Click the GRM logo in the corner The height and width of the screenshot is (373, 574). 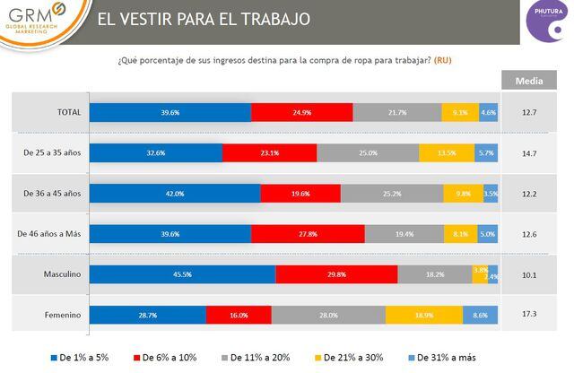[x=41, y=21]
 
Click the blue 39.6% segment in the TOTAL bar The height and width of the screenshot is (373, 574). [x=170, y=112]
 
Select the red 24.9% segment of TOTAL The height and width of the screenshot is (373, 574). [x=302, y=112]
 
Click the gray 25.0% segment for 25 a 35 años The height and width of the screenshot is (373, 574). [x=368, y=153]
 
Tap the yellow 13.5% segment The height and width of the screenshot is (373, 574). [x=445, y=153]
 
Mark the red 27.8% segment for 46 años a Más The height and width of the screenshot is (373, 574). [x=308, y=234]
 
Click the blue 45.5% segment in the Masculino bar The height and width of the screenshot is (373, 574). [x=182, y=274]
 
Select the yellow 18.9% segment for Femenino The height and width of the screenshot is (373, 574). [x=424, y=315]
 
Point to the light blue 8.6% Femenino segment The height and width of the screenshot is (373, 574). [x=481, y=315]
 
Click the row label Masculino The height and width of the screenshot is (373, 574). [x=62, y=274]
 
